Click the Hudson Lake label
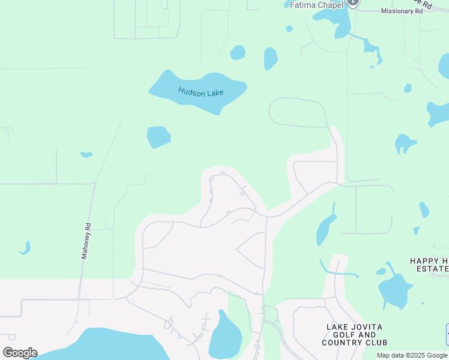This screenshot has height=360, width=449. (x=200, y=92)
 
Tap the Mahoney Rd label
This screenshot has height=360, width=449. (x=86, y=241)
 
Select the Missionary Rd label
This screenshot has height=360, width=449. (x=402, y=11)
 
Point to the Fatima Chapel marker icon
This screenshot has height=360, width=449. (x=353, y=2)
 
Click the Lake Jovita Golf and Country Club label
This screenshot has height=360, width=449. (x=354, y=335)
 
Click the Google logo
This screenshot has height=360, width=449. (x=20, y=352)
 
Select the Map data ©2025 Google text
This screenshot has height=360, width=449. (x=412, y=355)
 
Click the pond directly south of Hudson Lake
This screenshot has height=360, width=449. (x=158, y=136)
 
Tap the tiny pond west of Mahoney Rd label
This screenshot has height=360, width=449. (x=25, y=247)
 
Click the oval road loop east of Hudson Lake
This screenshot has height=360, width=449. (x=298, y=112)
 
